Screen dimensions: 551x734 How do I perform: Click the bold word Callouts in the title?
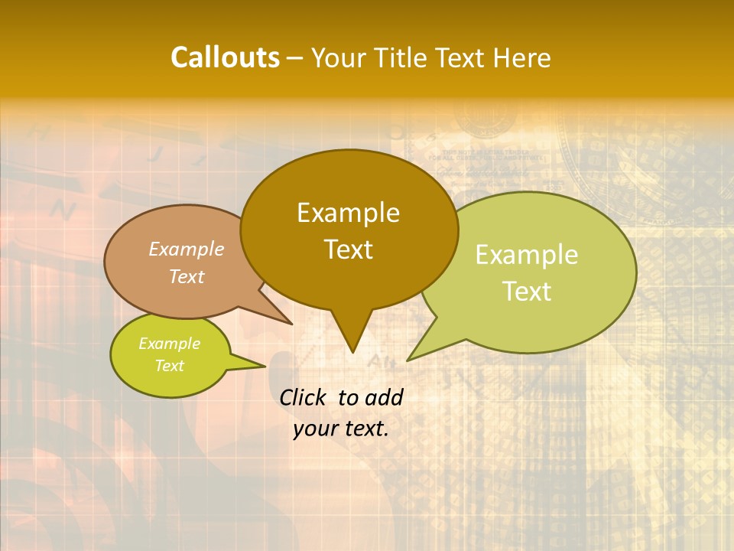225,57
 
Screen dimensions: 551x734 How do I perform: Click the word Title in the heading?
404,57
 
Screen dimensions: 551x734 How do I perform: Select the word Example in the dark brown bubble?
348,213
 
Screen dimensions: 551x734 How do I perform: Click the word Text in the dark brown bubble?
348,249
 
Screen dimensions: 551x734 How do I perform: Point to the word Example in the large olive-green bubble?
527,255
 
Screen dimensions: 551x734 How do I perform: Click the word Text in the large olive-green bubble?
527,292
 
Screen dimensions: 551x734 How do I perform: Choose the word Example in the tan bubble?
187,249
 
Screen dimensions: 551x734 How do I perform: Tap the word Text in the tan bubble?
187,276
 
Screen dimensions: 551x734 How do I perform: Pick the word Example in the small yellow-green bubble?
169,344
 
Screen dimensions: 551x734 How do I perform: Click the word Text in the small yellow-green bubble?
169,366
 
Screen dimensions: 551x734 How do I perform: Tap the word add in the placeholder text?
384,397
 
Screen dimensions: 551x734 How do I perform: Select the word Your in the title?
336,57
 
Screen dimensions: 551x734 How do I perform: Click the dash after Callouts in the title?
295,58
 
